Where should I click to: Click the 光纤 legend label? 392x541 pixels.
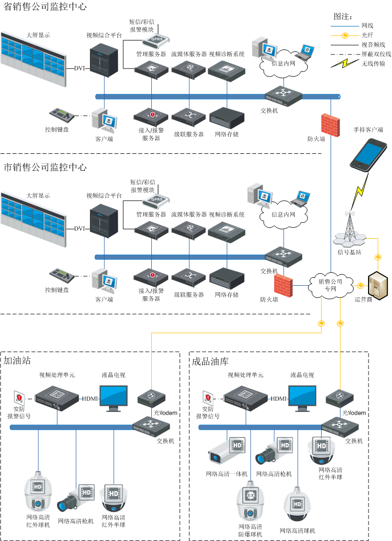[367, 35]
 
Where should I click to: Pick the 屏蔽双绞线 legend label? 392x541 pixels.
[376, 54]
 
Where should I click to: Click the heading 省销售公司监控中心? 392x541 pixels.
[45, 6]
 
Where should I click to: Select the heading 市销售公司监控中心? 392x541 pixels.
[45, 167]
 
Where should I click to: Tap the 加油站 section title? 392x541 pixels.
[17, 361]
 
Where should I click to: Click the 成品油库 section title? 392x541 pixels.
[210, 361]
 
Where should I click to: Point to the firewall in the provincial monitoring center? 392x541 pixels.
[330, 122]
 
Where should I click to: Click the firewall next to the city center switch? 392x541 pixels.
[283, 284]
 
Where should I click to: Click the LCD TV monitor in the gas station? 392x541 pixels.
[113, 397]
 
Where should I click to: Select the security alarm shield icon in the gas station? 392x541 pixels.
[18, 398]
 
